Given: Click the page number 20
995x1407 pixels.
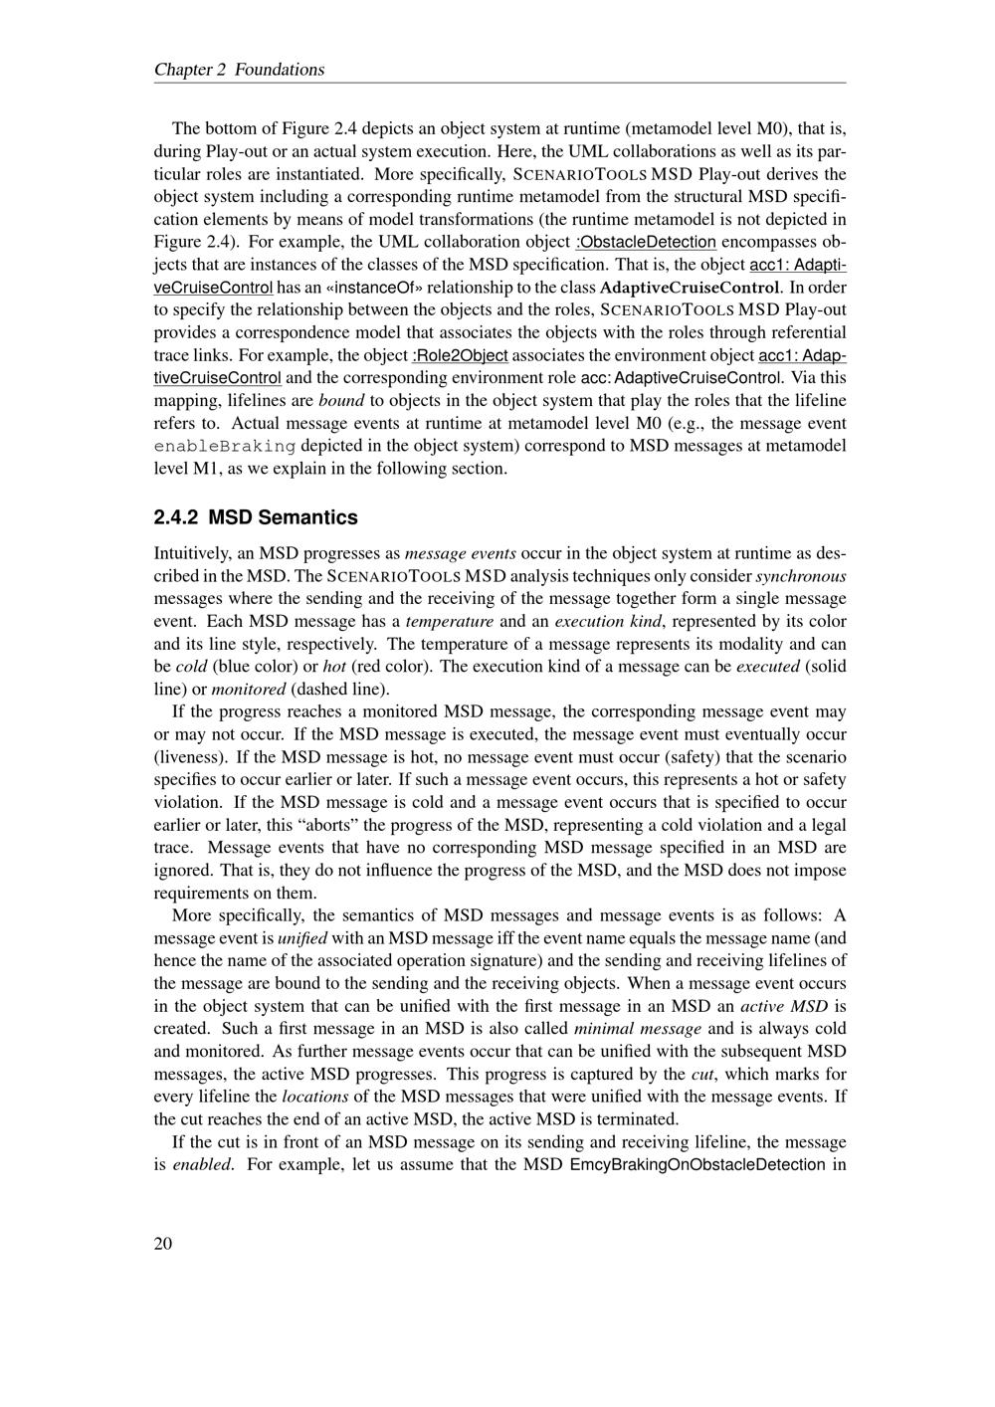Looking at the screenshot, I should [x=163, y=1244].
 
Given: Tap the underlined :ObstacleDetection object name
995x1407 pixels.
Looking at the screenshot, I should [x=647, y=242].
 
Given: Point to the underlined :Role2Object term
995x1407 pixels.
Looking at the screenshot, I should [x=460, y=355].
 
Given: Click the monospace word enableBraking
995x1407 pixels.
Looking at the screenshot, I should [x=225, y=446].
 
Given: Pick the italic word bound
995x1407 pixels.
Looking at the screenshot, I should [x=340, y=401].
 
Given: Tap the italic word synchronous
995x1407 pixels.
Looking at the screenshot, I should [x=801, y=575].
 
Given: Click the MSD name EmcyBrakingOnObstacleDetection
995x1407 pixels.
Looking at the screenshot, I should [x=696, y=1164].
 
